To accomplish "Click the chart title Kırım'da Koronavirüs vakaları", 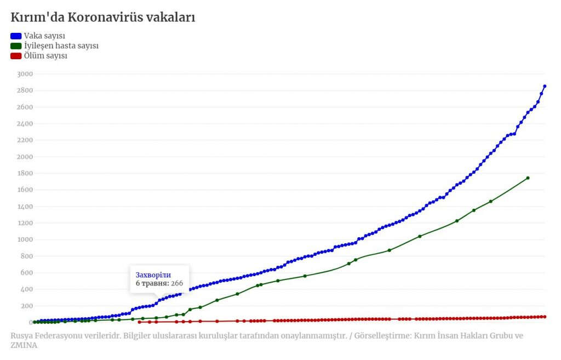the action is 102,17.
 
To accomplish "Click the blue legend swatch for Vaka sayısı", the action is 16,36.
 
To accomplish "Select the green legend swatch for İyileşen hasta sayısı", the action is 16,46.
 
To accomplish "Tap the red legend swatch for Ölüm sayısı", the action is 16,56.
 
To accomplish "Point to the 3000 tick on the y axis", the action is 25,74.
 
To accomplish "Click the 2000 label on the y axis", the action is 25,157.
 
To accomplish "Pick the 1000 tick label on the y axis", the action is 25,239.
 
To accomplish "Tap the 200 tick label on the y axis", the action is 27,306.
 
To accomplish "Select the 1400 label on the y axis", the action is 25,207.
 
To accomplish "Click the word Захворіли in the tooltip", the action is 153,275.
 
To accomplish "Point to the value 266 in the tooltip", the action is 177,283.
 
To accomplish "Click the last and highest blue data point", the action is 545,86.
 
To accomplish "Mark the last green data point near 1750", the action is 528,178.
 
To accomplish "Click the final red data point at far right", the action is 545,317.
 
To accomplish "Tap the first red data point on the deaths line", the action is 139,322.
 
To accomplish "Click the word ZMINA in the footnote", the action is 24,345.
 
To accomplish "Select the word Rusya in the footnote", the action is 21,336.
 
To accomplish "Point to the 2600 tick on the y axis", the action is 25,107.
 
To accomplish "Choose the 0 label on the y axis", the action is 31,322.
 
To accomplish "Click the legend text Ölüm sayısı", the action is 45,56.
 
